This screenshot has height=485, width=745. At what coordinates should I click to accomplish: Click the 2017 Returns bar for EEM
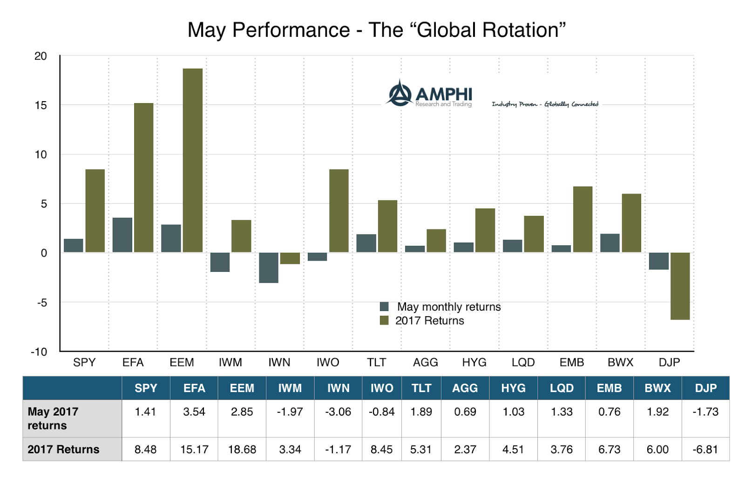[192, 160]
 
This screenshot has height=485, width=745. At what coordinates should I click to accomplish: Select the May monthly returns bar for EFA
[122, 235]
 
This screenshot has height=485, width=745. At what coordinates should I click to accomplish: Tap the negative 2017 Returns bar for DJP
[680, 286]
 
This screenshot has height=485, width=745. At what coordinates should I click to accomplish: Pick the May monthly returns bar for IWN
[269, 268]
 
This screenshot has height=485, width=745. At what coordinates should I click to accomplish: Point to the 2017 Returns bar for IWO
[339, 211]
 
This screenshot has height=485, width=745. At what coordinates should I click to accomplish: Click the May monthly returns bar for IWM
[220, 262]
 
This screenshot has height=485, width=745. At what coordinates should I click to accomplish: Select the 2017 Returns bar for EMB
[582, 219]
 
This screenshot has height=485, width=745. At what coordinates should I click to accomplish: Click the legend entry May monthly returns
[440, 307]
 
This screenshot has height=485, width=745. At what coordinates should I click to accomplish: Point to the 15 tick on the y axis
[41, 105]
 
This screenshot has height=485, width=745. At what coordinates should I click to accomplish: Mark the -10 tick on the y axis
[39, 352]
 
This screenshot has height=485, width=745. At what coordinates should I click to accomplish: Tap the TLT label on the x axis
[376, 362]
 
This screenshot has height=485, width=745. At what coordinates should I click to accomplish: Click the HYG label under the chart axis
[474, 362]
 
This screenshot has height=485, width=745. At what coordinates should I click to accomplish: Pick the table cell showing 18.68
[242, 450]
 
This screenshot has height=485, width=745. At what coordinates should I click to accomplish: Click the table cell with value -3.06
[338, 412]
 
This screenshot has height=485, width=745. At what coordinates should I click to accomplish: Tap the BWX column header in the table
[657, 388]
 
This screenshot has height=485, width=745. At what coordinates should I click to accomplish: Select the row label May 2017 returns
[53, 418]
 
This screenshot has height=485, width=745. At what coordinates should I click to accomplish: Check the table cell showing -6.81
[705, 450]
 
